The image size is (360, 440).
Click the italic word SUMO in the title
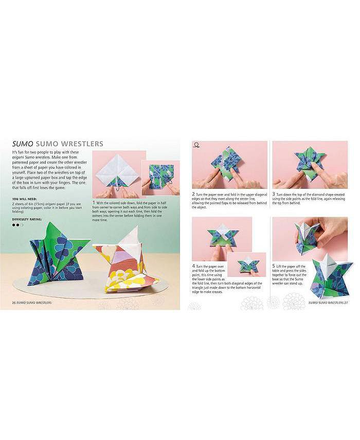tap(21, 143)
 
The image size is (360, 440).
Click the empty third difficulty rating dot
tap(22, 225)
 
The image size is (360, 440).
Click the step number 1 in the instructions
tap(93, 202)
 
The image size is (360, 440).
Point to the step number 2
tap(193, 194)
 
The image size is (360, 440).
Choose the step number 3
tap(274, 194)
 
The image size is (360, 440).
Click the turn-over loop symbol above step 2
tap(196, 146)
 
